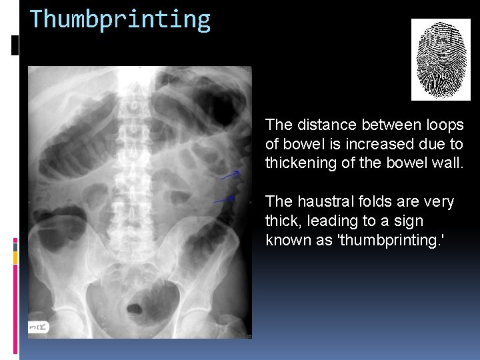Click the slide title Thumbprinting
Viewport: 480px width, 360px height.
(x=120, y=20)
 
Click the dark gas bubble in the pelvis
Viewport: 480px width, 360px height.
(x=135, y=309)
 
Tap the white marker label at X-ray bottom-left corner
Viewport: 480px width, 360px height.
(x=39, y=327)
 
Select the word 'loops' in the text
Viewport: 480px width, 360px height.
(x=445, y=125)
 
